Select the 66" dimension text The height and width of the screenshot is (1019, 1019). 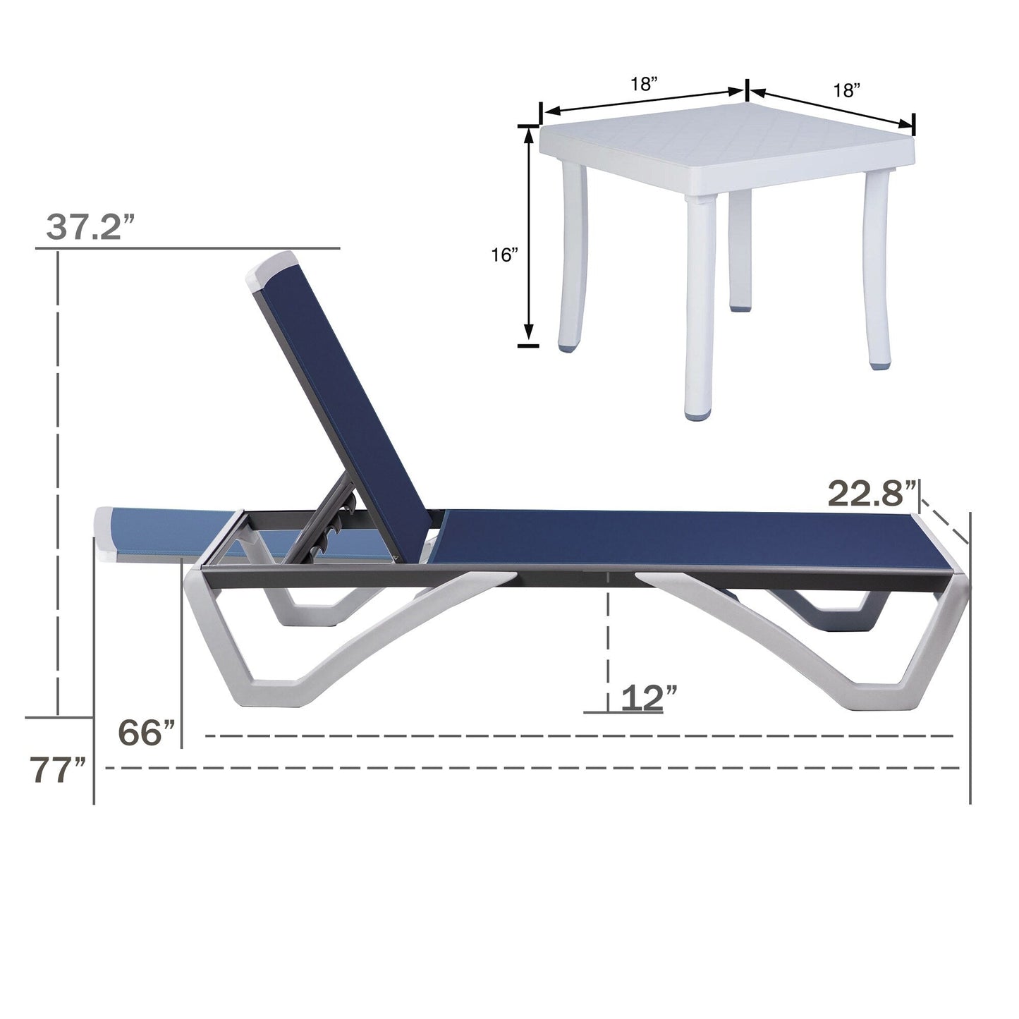coord(146,733)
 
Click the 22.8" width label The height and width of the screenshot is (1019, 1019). coord(872,493)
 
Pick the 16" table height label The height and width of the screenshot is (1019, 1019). coord(505,255)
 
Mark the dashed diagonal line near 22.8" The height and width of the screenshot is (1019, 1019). coord(945,519)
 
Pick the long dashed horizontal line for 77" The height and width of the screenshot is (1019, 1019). coord(529,767)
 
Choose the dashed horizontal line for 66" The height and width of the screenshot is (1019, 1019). coord(578,736)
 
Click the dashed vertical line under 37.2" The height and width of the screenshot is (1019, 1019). coord(59,480)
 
